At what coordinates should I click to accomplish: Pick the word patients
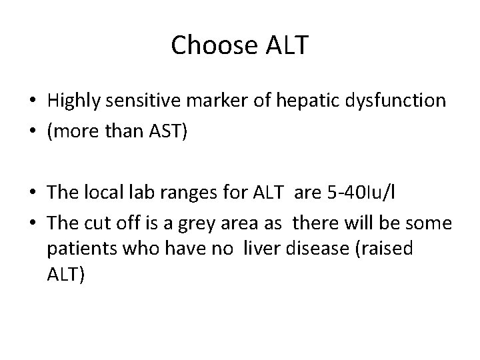pos(78,249)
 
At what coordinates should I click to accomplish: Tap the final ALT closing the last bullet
pos(65,275)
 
